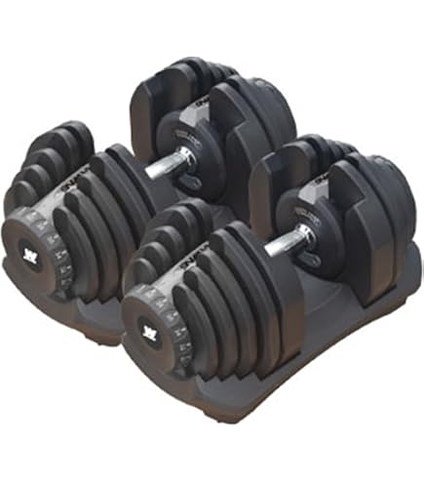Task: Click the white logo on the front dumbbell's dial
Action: tap(153, 328)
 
